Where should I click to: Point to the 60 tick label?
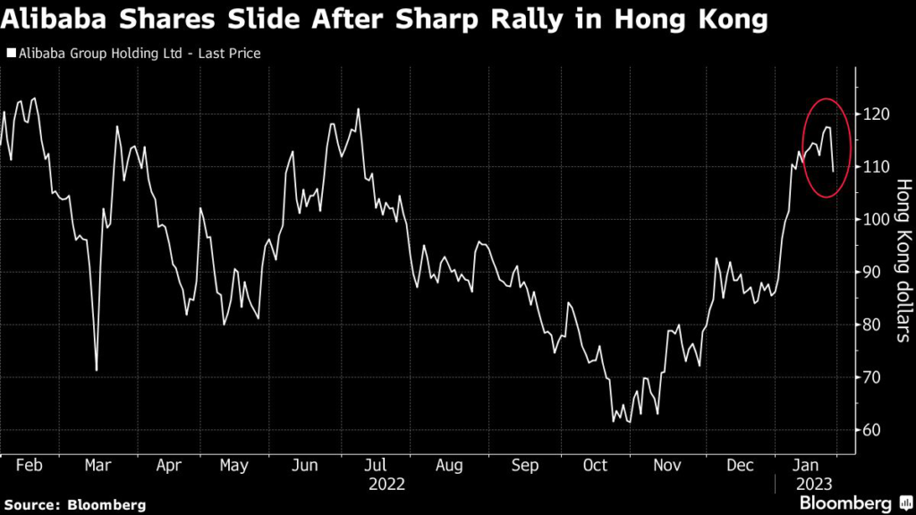(875, 430)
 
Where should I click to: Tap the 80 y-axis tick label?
(875, 325)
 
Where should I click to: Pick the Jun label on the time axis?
(305, 466)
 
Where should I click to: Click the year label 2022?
(386, 484)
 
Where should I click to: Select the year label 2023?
(814, 484)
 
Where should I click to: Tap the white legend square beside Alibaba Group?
(10, 54)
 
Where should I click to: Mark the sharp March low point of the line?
(96, 369)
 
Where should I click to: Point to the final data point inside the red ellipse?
(834, 171)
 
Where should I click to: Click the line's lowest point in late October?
(614, 421)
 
